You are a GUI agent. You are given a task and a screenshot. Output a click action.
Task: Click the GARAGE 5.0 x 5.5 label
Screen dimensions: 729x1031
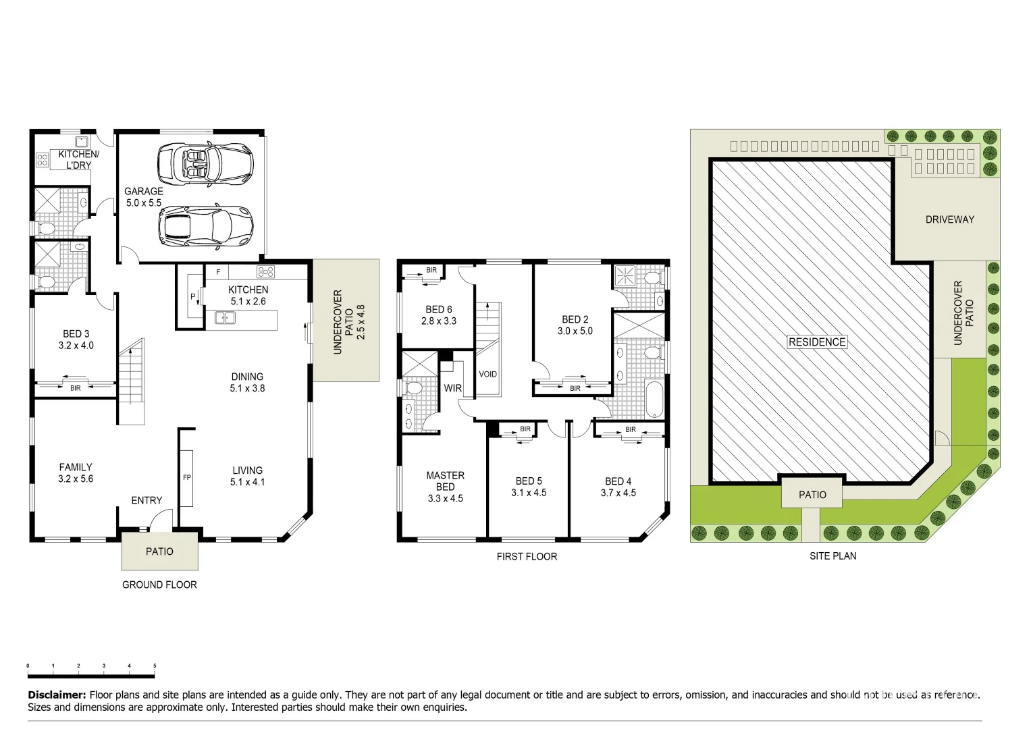point(143,196)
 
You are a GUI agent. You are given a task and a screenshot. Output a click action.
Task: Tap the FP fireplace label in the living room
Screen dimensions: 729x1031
point(187,478)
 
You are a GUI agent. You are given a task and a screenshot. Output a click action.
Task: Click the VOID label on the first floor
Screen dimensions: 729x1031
point(487,374)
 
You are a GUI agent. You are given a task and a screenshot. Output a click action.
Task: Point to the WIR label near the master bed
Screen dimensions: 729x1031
point(452,388)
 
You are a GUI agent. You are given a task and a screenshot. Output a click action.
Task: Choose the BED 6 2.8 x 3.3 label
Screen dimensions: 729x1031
point(439,315)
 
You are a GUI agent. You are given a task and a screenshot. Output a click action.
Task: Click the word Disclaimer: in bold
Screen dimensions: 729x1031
point(57,695)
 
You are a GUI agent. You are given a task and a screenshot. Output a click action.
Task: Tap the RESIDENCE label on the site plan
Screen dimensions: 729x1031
point(817,342)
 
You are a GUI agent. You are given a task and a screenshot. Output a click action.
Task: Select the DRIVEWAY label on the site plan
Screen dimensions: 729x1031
point(949,219)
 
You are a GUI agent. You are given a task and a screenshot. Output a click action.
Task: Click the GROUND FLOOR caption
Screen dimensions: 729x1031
point(159,585)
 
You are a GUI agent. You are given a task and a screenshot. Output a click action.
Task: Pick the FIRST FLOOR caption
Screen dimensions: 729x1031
point(527,557)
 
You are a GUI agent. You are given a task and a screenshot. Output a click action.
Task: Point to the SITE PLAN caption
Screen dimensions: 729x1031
point(832,556)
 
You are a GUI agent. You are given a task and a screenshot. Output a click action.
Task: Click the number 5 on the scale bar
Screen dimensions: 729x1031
point(155,666)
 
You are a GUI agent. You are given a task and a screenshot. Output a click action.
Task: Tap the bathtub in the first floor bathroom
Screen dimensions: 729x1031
point(654,399)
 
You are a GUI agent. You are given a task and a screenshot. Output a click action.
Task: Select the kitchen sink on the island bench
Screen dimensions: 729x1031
point(224,318)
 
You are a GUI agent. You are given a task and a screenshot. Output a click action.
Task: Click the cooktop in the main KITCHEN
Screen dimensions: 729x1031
point(265,272)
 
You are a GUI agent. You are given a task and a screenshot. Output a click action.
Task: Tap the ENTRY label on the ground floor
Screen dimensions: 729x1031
point(147,500)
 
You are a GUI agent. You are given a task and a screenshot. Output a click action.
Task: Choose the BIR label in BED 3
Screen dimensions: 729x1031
point(75,388)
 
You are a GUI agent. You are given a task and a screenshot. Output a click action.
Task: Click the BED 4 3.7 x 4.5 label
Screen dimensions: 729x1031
point(618,487)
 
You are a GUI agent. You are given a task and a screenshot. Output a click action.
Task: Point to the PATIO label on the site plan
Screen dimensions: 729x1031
point(812,495)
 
